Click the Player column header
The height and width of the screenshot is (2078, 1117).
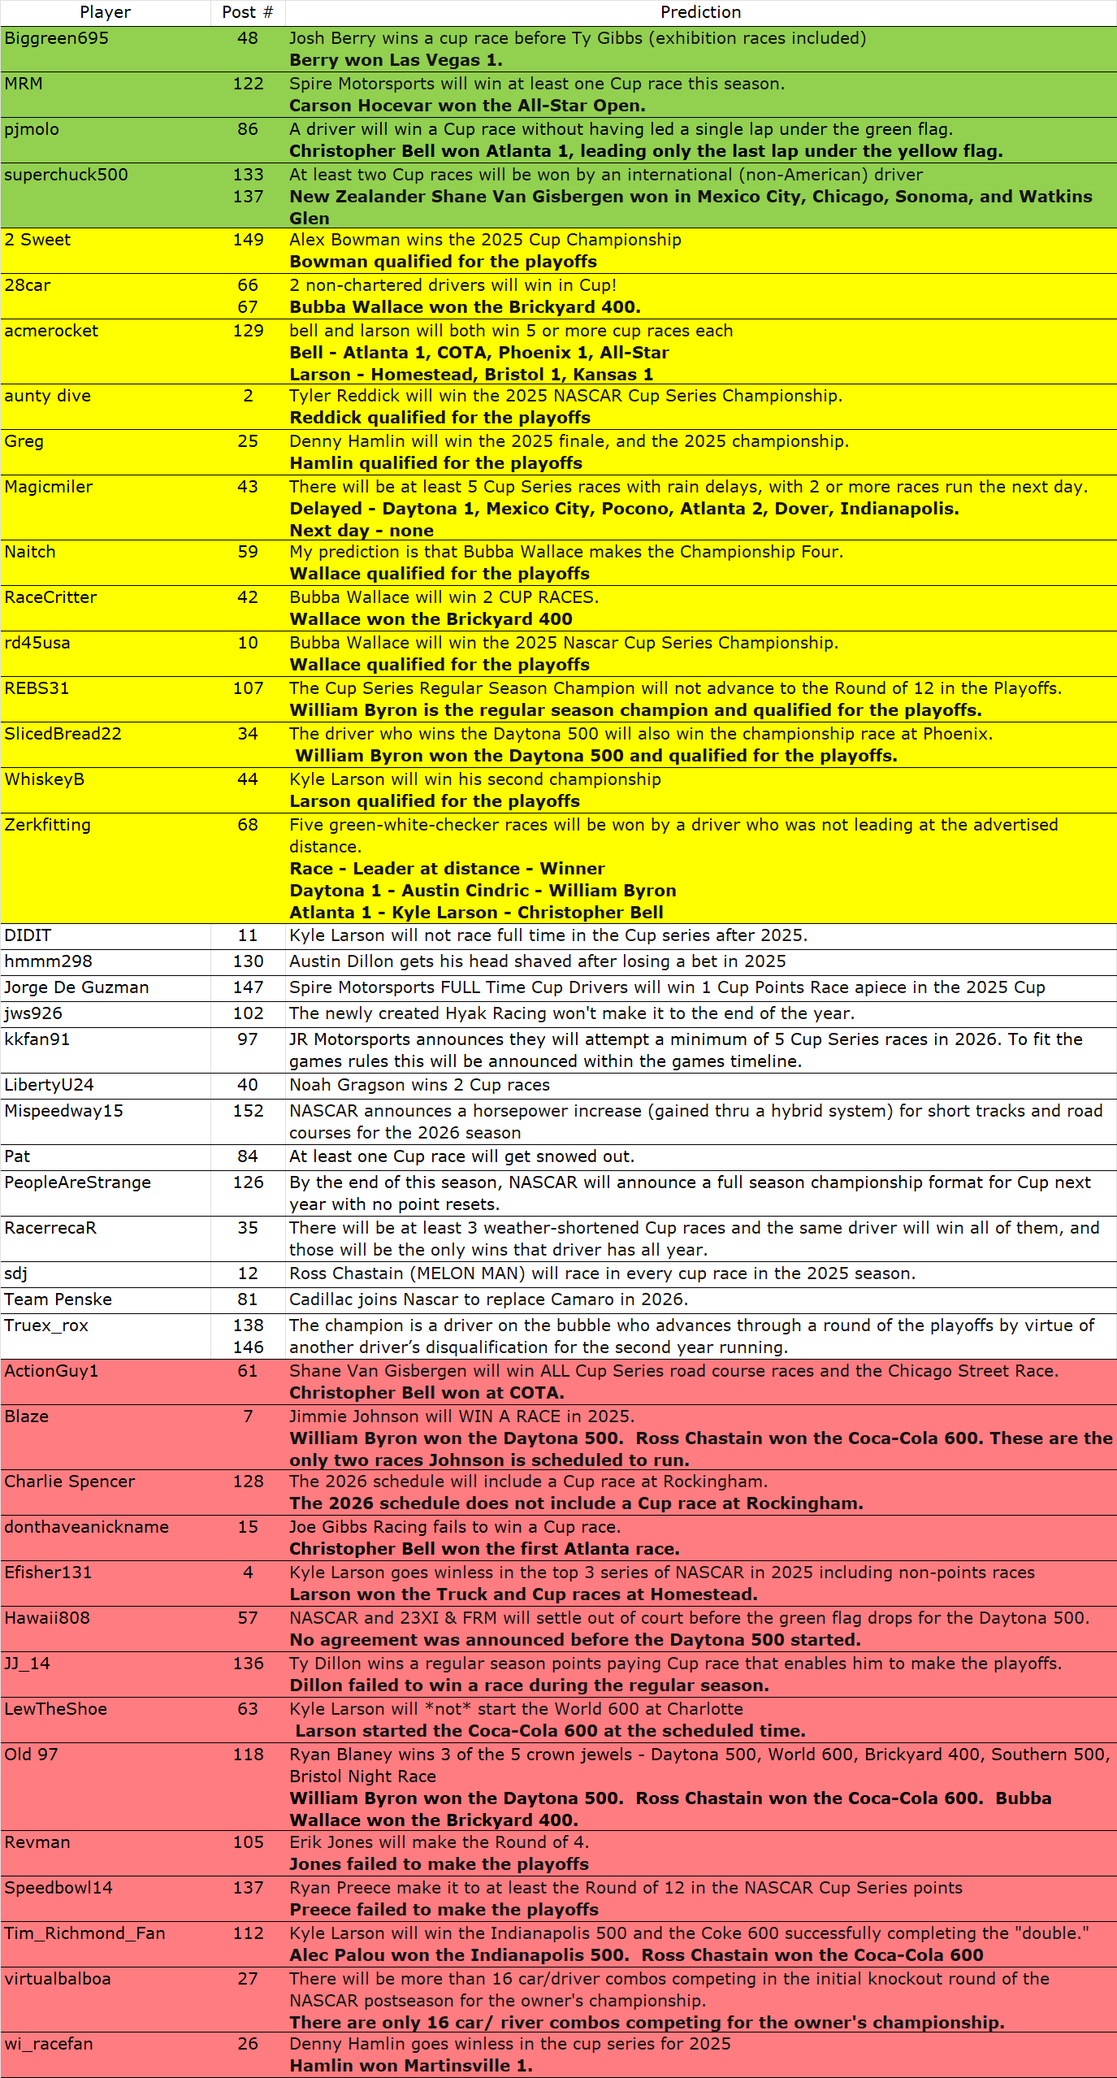[x=106, y=12]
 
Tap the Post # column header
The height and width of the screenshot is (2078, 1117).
[x=248, y=12]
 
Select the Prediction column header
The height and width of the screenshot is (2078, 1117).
[x=700, y=12]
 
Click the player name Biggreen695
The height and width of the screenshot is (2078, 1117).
[x=56, y=38]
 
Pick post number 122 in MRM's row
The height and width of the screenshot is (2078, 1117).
[x=248, y=84]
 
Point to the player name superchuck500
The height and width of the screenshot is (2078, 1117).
[x=66, y=175]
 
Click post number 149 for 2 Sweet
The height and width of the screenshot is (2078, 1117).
[x=248, y=240]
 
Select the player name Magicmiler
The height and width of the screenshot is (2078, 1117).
[x=49, y=487]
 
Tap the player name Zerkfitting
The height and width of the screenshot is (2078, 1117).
[x=47, y=825]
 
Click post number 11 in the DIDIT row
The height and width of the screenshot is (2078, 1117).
[x=248, y=935]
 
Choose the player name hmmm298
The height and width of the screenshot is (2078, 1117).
[x=48, y=961]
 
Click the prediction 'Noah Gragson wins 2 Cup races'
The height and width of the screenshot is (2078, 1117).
[x=419, y=1085]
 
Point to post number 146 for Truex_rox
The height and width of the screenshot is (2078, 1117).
[x=248, y=1347]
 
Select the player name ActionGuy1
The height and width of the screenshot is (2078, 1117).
[x=51, y=1371]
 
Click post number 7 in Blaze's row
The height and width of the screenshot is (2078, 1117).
[x=248, y=1416]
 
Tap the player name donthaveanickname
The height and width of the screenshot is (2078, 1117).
[x=86, y=1527]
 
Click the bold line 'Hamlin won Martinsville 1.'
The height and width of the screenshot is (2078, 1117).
[x=410, y=2066]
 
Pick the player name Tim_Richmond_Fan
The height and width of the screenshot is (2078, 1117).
[x=84, y=1933]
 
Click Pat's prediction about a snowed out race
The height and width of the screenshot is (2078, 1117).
[x=461, y=1156]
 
